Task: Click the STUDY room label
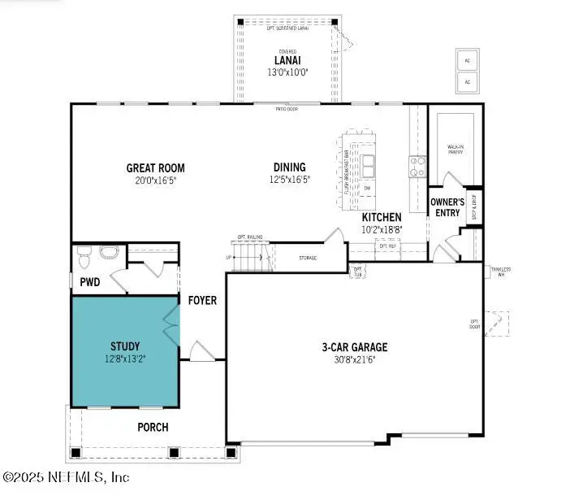125,344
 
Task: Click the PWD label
90,284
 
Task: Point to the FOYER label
202,300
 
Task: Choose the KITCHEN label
381,217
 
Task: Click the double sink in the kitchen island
368,167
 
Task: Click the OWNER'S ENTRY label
447,207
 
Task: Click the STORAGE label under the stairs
307,258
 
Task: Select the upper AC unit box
467,60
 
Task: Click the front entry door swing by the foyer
200,352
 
